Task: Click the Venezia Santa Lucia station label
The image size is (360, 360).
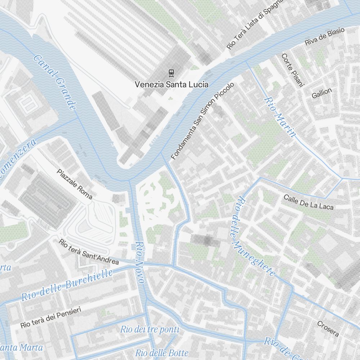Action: (x=171, y=84)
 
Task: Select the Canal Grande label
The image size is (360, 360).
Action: (x=55, y=82)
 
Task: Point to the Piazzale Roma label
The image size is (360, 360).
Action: (x=75, y=184)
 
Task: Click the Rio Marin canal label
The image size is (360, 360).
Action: (x=280, y=117)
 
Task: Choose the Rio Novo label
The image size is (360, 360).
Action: (x=140, y=262)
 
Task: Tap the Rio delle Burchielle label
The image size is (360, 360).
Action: (x=67, y=285)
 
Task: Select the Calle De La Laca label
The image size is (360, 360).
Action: (x=309, y=202)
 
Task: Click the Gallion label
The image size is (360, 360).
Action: (x=322, y=93)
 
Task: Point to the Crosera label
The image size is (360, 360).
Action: (x=328, y=329)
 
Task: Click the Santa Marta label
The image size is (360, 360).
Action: (x=22, y=348)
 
